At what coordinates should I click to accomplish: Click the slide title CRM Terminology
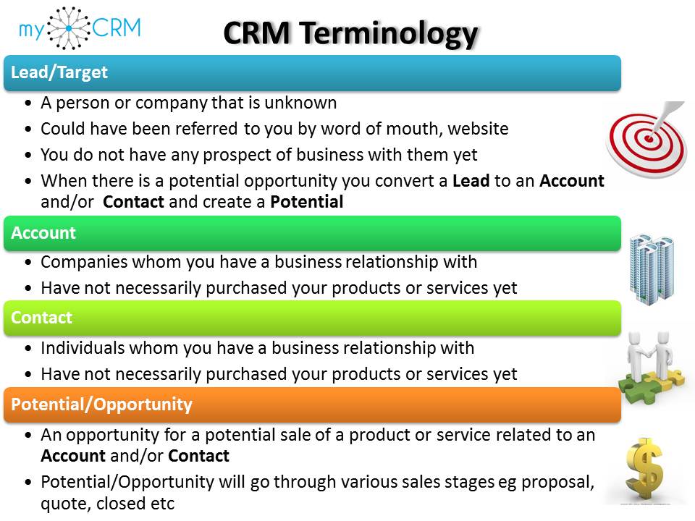click(x=350, y=34)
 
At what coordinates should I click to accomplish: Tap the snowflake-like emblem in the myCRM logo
click(x=69, y=28)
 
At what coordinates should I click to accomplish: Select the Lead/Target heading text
click(x=59, y=72)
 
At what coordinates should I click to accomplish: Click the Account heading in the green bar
click(x=43, y=232)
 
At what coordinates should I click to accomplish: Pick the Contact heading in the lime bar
click(x=42, y=317)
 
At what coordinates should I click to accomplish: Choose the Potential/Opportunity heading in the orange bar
click(x=101, y=404)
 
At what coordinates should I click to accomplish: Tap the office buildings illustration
click(x=652, y=269)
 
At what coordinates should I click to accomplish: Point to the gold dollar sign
click(x=645, y=470)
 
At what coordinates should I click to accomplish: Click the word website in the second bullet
click(x=478, y=129)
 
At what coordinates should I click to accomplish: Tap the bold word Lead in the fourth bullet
click(x=471, y=181)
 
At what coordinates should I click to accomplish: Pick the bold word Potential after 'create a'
click(x=307, y=202)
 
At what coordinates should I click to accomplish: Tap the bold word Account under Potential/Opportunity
click(x=73, y=456)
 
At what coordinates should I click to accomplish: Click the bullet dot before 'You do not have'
click(x=28, y=156)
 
